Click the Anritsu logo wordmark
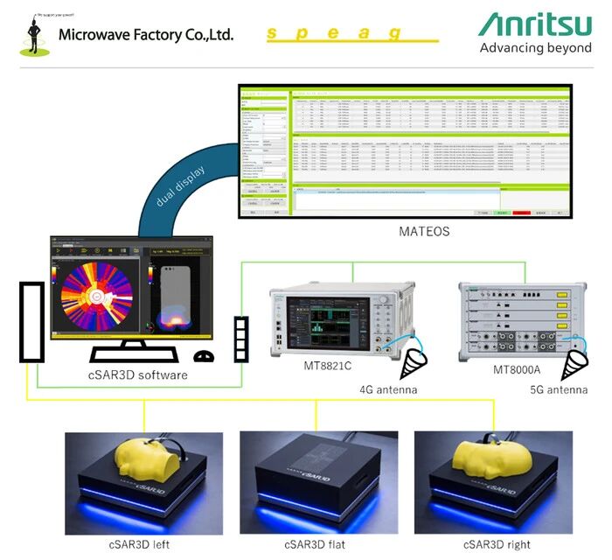pos(534,24)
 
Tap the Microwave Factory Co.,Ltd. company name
pos(146,35)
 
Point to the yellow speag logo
pos(349,34)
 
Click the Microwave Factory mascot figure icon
pos(34,32)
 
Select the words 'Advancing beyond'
pos(535,48)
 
